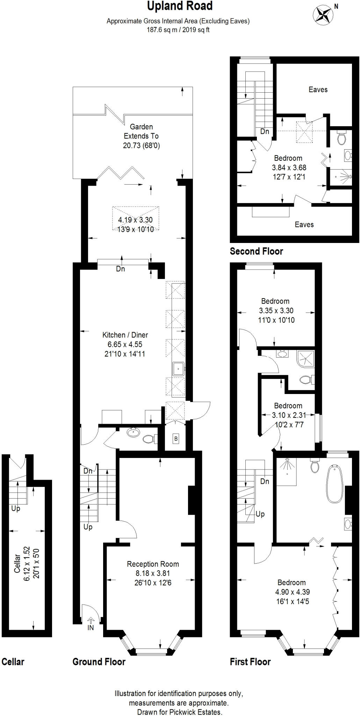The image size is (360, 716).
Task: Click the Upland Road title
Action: pos(180,6)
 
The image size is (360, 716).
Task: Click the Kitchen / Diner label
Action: pos(125,335)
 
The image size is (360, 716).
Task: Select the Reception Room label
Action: pos(153,564)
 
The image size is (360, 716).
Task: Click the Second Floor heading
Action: pos(256,251)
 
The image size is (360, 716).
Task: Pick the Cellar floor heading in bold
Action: pos(13,662)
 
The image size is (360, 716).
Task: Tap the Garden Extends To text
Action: pos(141,131)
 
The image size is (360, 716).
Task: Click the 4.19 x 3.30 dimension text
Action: pos(135,220)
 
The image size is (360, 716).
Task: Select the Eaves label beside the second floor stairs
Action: pos(318,89)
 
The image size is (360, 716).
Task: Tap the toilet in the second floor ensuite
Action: pos(341,138)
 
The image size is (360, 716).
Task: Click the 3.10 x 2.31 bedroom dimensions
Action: pos(289,415)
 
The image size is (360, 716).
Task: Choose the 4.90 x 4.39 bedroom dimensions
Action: pos(292,592)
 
